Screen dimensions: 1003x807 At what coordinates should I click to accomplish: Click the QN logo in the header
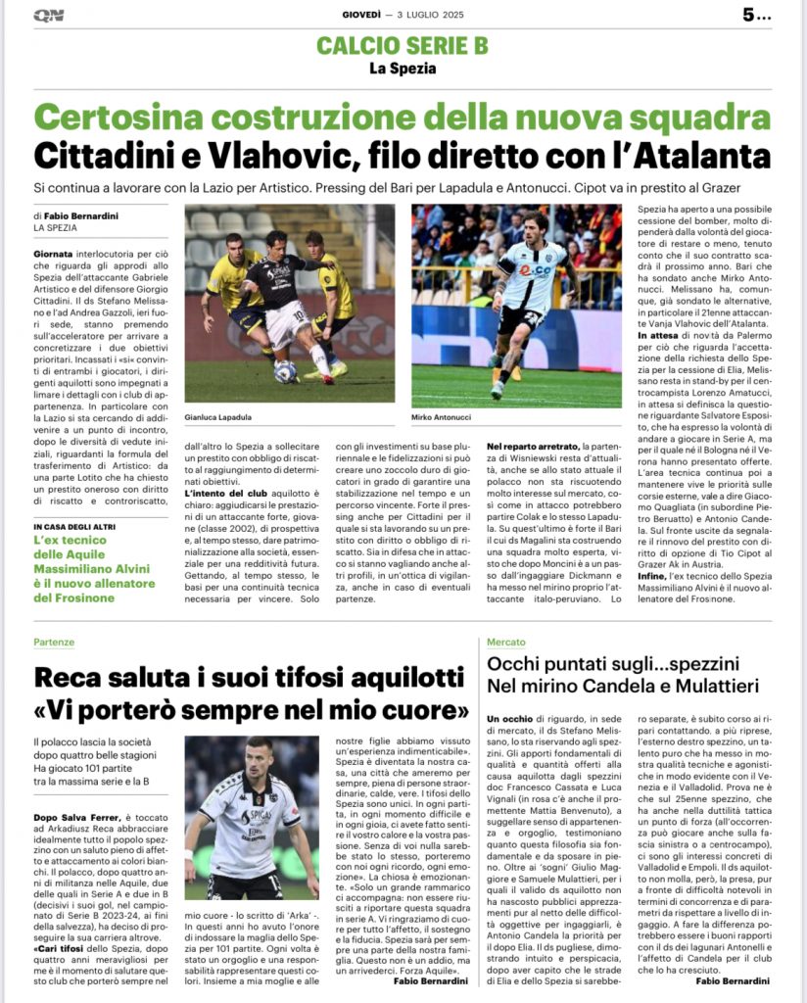(x=48, y=15)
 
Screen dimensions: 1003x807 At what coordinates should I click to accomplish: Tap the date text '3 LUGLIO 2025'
(x=432, y=15)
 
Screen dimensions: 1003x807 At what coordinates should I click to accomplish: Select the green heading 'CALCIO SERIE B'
(x=403, y=45)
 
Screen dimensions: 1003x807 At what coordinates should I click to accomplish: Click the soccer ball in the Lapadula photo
(x=285, y=371)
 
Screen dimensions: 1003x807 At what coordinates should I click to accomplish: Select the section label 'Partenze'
(x=54, y=642)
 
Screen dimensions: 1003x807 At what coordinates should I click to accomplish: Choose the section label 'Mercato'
(x=506, y=642)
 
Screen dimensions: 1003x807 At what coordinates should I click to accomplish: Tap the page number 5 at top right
(x=750, y=15)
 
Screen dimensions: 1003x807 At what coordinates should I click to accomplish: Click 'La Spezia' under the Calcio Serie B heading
(x=402, y=69)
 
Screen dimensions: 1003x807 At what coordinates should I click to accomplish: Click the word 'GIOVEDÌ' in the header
(x=361, y=15)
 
